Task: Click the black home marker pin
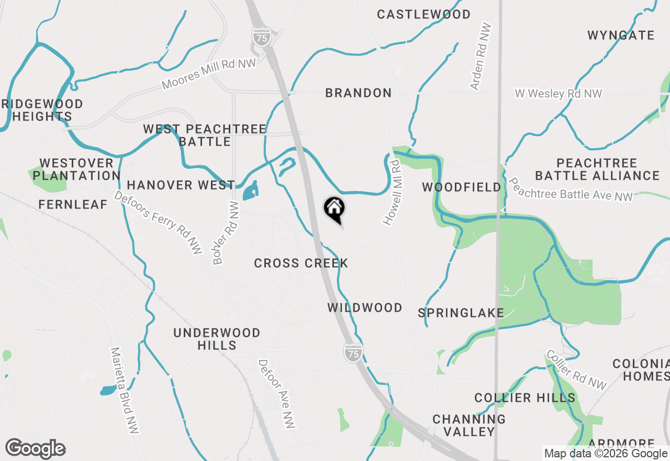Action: click(x=334, y=209)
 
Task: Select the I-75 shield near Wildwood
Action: click(x=353, y=353)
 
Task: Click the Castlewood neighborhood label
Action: click(x=423, y=15)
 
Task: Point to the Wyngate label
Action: click(x=621, y=36)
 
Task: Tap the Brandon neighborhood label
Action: click(x=358, y=93)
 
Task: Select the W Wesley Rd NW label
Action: click(x=558, y=94)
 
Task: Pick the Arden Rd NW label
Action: click(x=481, y=57)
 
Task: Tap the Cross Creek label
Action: click(x=301, y=263)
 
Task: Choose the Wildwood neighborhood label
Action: click(x=365, y=308)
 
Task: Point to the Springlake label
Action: click(x=461, y=313)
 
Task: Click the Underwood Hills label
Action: click(x=217, y=339)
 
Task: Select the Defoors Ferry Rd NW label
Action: click(x=158, y=223)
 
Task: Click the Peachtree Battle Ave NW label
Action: click(x=571, y=190)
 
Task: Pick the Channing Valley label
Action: click(x=469, y=425)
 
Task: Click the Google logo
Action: click(x=35, y=448)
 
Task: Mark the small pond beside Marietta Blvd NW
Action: click(x=108, y=390)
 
